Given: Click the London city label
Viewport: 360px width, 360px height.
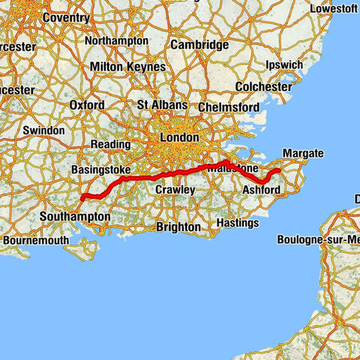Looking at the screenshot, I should pos(179,138).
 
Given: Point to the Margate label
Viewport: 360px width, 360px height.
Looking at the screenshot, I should pos(302,154).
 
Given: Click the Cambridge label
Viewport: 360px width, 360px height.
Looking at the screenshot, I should pos(199,45).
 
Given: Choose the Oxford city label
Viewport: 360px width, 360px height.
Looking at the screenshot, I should pos(87,106).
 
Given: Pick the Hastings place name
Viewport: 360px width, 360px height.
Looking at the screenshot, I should pos(236,223).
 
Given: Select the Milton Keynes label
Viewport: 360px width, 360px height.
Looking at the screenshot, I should pos(127,67).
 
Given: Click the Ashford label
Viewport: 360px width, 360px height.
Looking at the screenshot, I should pos(262,190).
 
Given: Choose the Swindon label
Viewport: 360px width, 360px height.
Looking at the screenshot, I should pos(44,130).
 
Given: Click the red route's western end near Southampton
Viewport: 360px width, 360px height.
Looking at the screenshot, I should pos(80,199).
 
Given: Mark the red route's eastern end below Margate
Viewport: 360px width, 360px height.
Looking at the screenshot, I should pos(278,171).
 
